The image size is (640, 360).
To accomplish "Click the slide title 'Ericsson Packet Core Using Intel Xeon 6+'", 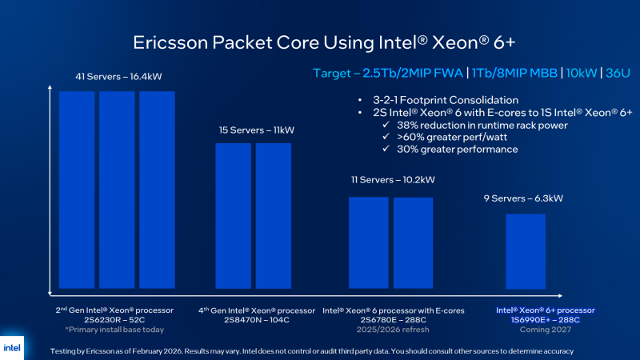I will click(x=320, y=42).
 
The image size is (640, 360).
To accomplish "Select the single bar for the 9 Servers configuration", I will click(x=526, y=251).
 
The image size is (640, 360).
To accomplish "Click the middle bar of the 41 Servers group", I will click(x=118, y=190).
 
